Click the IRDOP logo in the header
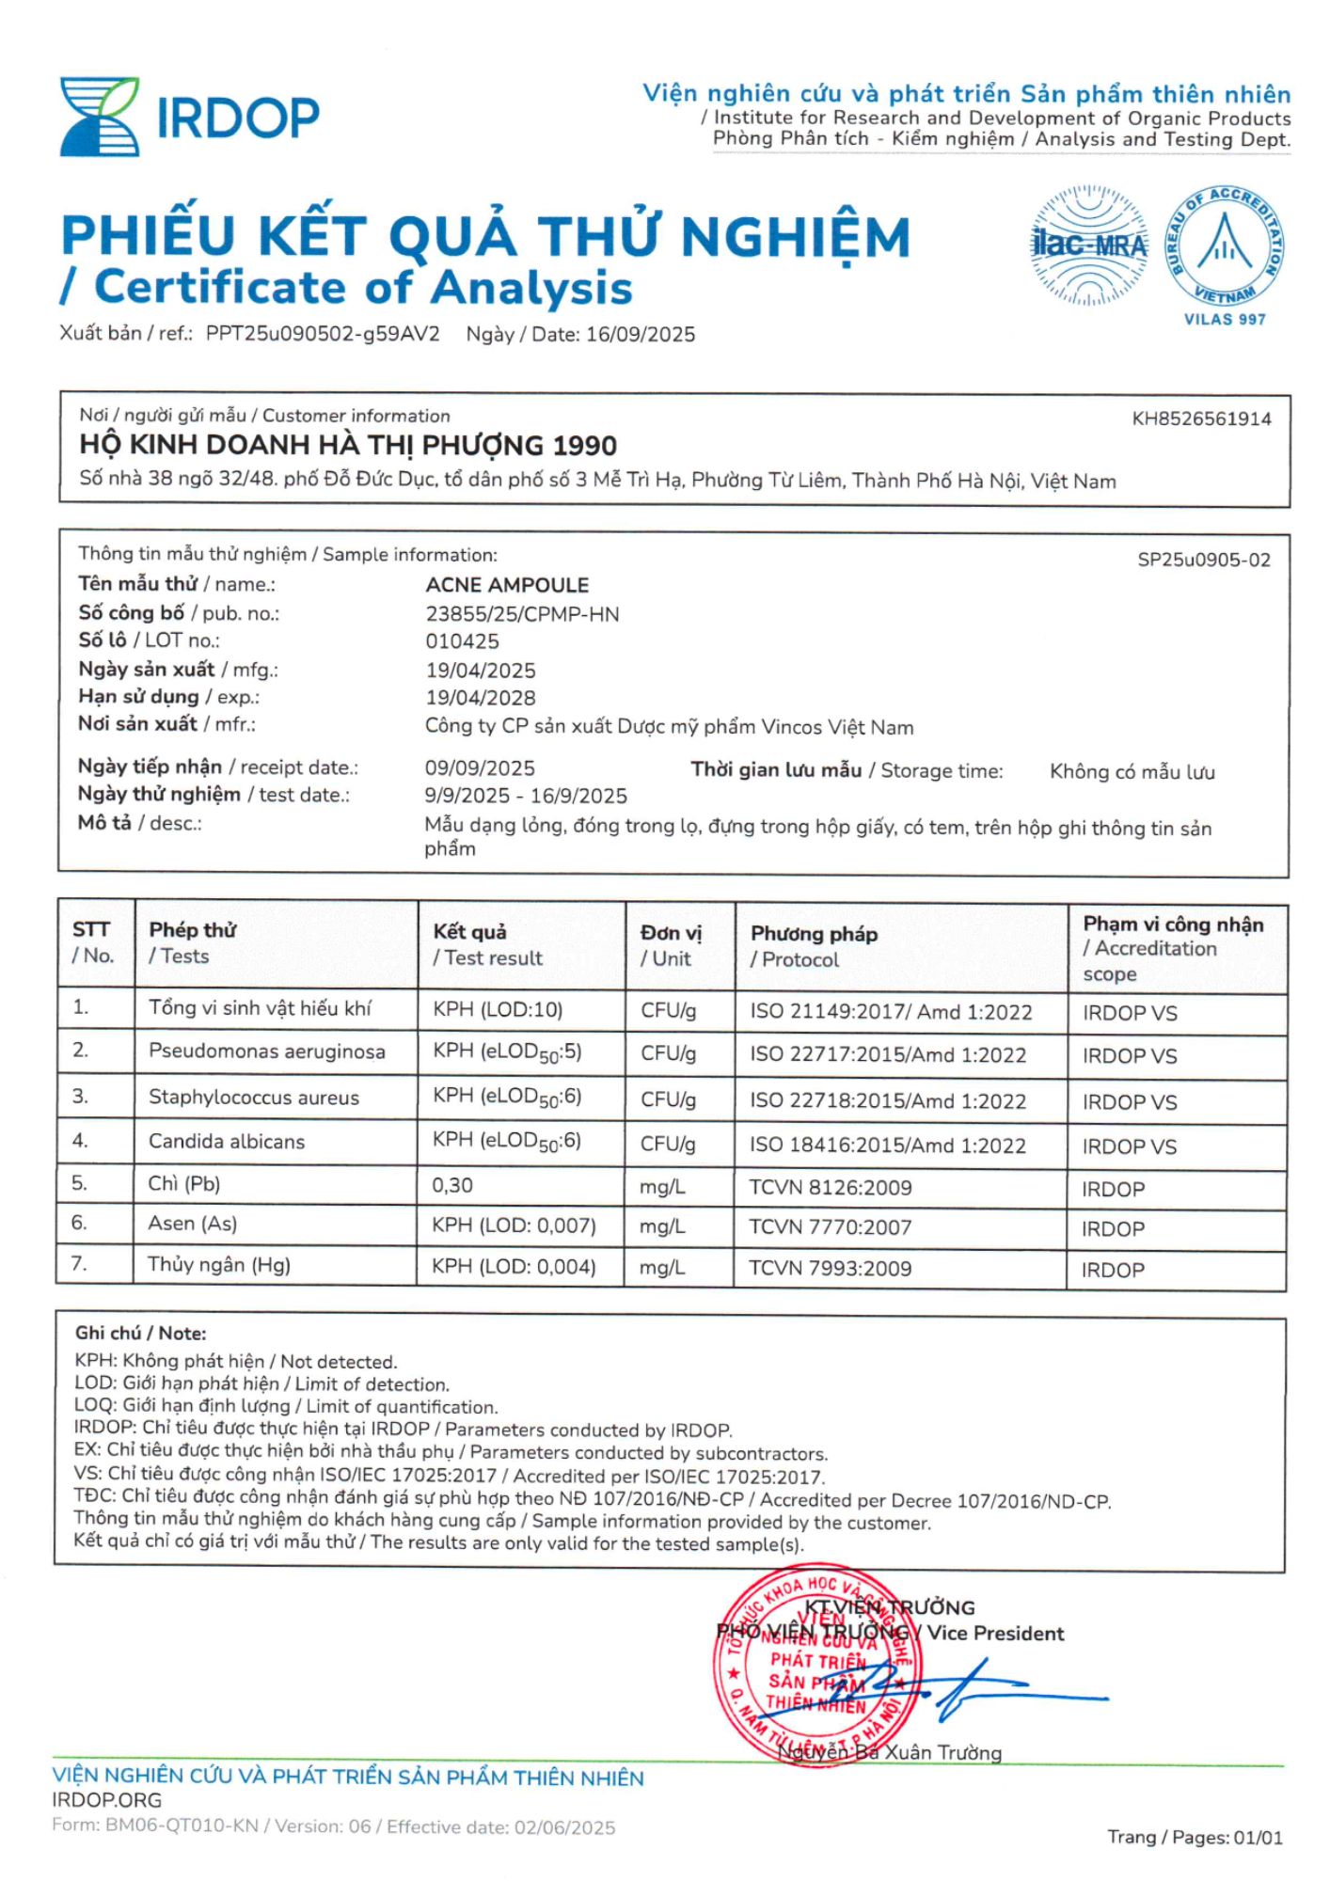click(x=189, y=117)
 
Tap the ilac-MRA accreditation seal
click(x=1089, y=245)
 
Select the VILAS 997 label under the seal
click(x=1225, y=320)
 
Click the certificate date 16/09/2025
click(x=641, y=335)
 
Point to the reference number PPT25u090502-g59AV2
click(x=323, y=334)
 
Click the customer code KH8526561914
click(x=1201, y=419)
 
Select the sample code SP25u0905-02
click(x=1203, y=561)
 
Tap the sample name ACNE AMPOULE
click(x=507, y=585)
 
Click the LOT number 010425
click(x=462, y=641)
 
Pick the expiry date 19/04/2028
click(x=481, y=698)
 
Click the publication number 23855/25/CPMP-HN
click(x=522, y=614)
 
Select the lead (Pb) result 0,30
click(x=452, y=1186)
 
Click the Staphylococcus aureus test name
click(x=254, y=1098)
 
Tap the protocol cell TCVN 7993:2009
click(x=830, y=1268)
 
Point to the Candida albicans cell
click(x=227, y=1142)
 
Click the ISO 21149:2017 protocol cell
click(x=890, y=1012)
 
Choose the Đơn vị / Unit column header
click(x=671, y=945)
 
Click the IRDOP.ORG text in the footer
click(x=107, y=1800)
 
